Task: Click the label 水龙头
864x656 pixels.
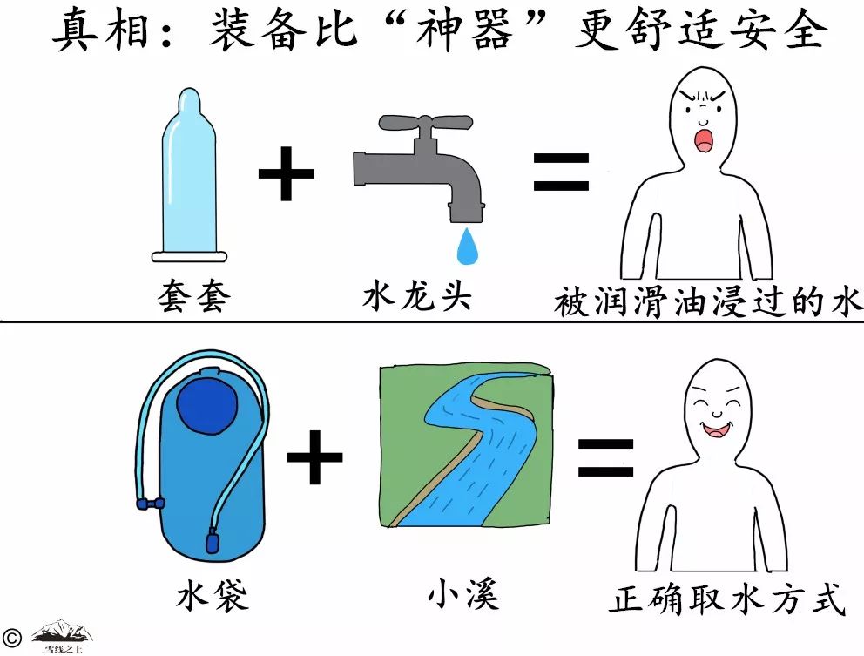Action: [417, 296]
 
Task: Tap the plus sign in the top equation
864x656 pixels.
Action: [286, 172]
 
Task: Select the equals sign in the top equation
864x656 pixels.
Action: [561, 172]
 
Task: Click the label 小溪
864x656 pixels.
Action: [462, 595]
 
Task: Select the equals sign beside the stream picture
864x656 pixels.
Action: [604, 458]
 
